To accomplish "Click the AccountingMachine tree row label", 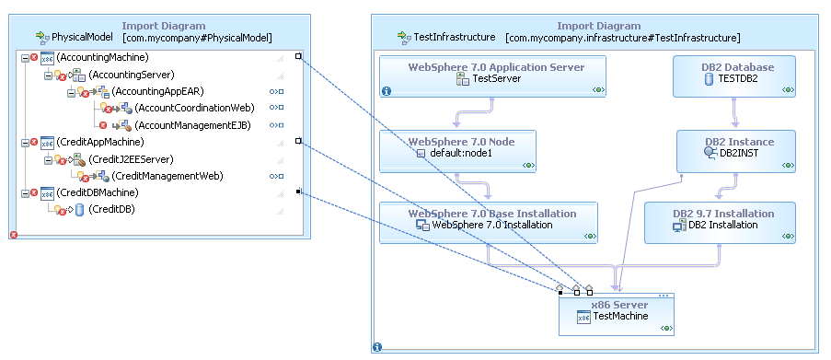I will (x=97, y=58).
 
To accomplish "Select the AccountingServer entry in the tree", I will (x=131, y=75).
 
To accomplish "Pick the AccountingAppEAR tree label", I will (x=157, y=91).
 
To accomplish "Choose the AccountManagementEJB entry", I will (x=190, y=124).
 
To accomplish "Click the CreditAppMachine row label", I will (x=98, y=142).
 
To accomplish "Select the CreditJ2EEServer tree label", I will (x=130, y=159).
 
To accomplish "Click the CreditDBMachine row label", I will (x=97, y=192).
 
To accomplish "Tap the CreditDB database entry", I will (x=111, y=210).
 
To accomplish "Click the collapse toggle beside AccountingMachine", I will (x=24, y=58).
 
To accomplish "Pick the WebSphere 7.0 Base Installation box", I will (x=491, y=214).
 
